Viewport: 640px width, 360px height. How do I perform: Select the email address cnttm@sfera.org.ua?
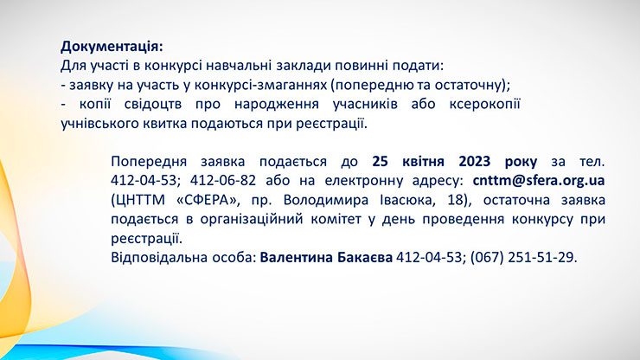539,181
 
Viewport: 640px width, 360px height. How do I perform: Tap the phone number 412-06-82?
223,181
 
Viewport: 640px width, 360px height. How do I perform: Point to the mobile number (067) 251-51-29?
522,257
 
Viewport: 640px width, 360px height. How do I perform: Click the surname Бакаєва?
365,257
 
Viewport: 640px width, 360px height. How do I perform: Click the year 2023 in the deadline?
474,162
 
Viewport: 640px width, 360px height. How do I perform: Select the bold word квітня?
423,162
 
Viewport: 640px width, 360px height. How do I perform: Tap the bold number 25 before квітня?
380,162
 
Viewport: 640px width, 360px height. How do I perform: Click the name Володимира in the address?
326,200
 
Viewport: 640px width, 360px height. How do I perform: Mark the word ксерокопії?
484,104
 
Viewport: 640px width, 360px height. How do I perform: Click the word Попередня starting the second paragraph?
149,162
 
